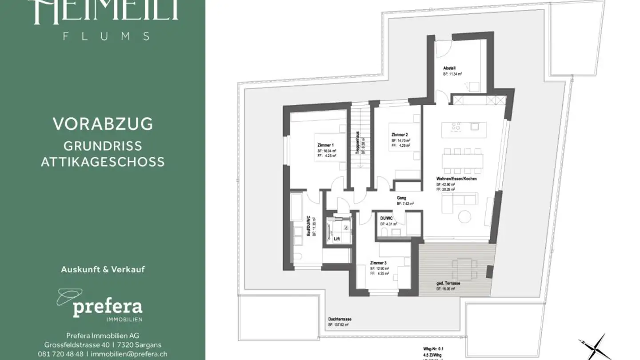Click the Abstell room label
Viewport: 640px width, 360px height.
[449, 68]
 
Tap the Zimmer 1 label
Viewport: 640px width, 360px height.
[325, 145]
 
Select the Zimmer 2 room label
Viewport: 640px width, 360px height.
[400, 135]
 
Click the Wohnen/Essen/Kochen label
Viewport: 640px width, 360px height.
[456, 179]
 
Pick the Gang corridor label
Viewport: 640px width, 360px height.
[401, 198]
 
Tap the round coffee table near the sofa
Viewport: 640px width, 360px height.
[464, 216]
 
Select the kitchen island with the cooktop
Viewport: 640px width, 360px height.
[464, 127]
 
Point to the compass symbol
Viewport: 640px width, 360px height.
[592, 347]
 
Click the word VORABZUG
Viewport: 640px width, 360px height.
[103, 124]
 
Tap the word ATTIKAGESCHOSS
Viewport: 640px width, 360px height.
[103, 162]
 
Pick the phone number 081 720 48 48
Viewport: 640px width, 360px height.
[60, 354]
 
